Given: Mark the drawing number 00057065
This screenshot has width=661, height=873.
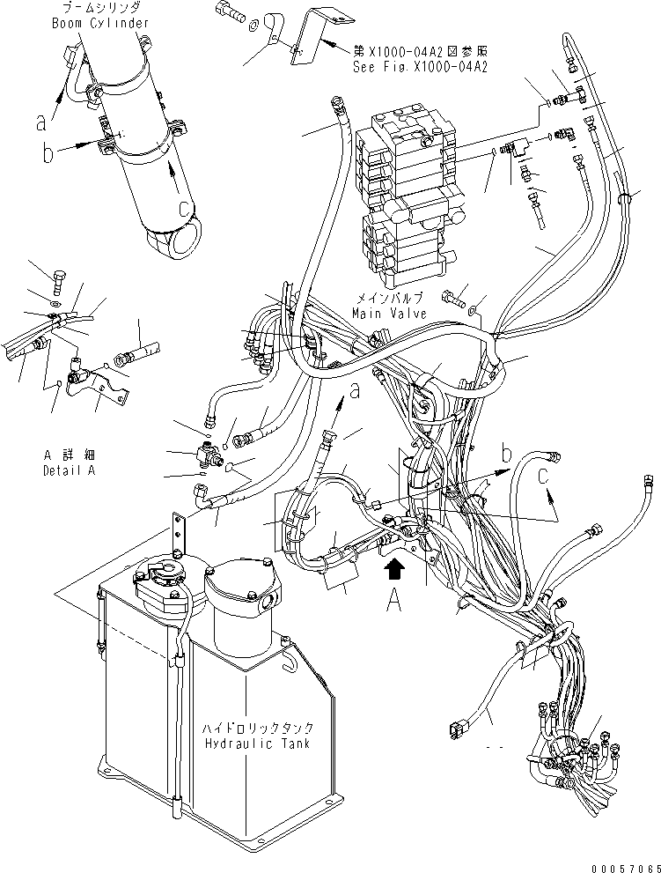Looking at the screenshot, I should [626, 864].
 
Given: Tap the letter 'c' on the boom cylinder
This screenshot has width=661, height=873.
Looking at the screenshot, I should [182, 210].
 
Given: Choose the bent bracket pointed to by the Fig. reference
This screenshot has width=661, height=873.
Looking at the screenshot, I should [304, 40].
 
